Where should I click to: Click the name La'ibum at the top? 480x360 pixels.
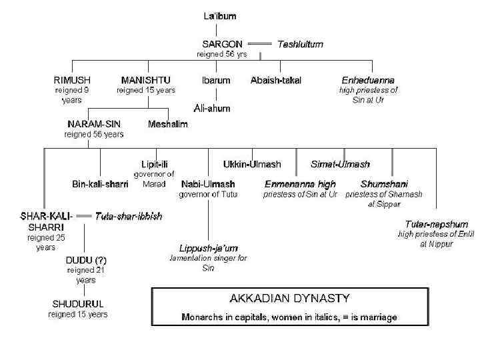pos(219,15)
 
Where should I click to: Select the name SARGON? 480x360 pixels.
pos(223,44)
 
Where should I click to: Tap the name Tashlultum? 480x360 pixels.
pos(300,44)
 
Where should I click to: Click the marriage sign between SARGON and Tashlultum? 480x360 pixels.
pos(260,44)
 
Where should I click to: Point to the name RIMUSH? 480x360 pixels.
pos(73,80)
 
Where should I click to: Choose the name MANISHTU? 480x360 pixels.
pos(145,80)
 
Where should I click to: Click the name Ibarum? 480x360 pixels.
pos(216,80)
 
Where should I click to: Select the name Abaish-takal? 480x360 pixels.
pos(275,80)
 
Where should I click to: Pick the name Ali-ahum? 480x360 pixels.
pos(212,108)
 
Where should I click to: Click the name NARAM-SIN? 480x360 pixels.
pos(94,123)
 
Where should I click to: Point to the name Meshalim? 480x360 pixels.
pos(167,123)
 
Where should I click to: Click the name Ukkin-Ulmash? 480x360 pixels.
pos(251,163)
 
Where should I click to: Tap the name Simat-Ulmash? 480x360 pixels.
pos(340,163)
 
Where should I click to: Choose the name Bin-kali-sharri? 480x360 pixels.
pos(100,183)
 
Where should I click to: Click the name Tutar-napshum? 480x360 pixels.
pos(436,224)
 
